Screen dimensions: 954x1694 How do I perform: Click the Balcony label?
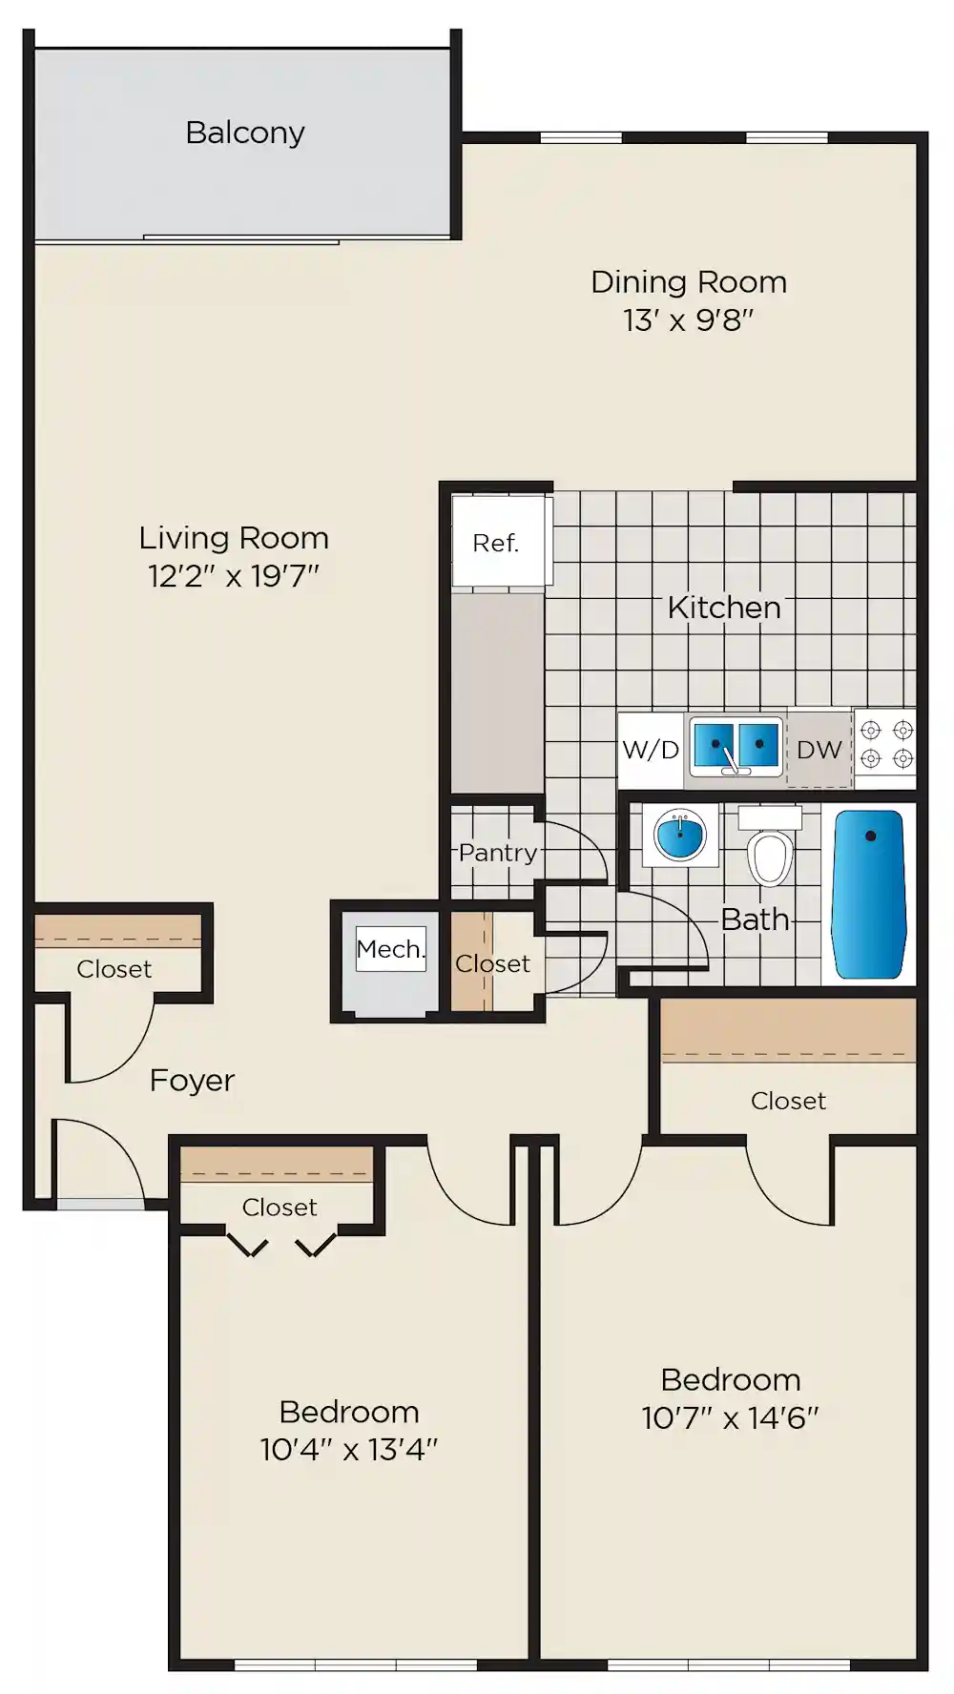coord(245,133)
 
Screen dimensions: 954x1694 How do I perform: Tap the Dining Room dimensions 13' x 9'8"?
coord(689,320)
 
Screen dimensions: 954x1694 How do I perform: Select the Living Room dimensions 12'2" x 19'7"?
coord(234,576)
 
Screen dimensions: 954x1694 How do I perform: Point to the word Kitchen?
coord(724,607)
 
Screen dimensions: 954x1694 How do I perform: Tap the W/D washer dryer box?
coord(651,751)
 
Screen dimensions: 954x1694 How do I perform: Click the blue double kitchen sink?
coord(736,747)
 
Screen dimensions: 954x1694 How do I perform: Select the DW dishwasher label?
coord(819,750)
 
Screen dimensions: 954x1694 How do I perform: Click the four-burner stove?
coord(886,745)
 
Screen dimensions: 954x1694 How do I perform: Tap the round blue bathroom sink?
coord(680,836)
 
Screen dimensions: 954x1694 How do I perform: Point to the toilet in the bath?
coord(770,848)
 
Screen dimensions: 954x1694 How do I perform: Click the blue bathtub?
coord(869,894)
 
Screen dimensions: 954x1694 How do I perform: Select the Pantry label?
coord(498,853)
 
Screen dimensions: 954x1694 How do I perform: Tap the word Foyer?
coord(192,1081)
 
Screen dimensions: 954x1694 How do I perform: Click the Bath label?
coord(755,919)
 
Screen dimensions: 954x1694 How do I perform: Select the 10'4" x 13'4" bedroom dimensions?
coord(349,1450)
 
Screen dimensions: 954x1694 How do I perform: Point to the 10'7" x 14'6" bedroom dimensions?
coord(731,1418)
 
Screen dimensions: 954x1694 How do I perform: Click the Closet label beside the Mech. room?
coord(492,964)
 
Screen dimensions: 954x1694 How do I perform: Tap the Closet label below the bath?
coord(788,1101)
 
